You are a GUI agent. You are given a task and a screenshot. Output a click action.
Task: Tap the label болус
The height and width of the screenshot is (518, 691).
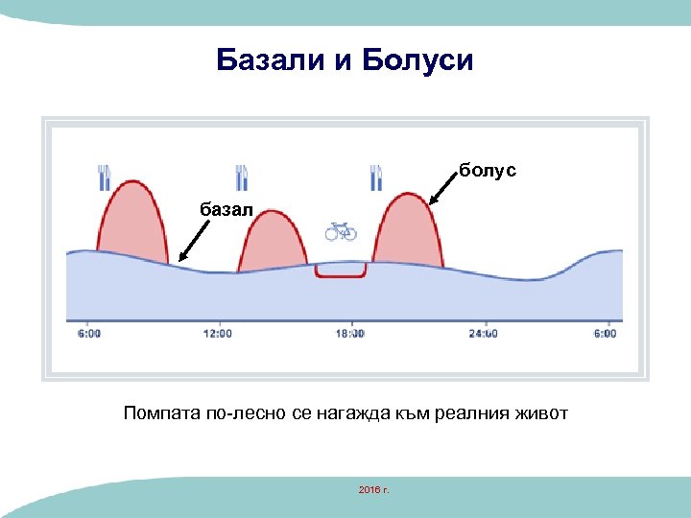487,170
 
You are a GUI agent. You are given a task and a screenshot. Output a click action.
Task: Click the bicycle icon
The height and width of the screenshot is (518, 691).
341,231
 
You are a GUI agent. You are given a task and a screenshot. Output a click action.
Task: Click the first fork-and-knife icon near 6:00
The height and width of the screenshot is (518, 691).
105,177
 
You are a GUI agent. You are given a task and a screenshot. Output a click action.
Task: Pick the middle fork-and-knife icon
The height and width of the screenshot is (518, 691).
243,177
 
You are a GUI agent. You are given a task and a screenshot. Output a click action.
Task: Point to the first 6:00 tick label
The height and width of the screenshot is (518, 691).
87,334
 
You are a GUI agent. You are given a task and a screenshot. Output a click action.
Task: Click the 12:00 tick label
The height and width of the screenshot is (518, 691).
219,334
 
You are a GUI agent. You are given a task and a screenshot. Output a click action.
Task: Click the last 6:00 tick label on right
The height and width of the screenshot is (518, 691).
605,334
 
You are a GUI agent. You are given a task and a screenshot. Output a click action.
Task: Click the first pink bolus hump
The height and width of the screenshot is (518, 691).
133,225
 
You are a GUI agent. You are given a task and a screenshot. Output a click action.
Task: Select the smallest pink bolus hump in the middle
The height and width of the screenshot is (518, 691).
273,245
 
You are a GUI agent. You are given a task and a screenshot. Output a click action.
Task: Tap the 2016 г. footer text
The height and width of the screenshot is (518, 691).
371,490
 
